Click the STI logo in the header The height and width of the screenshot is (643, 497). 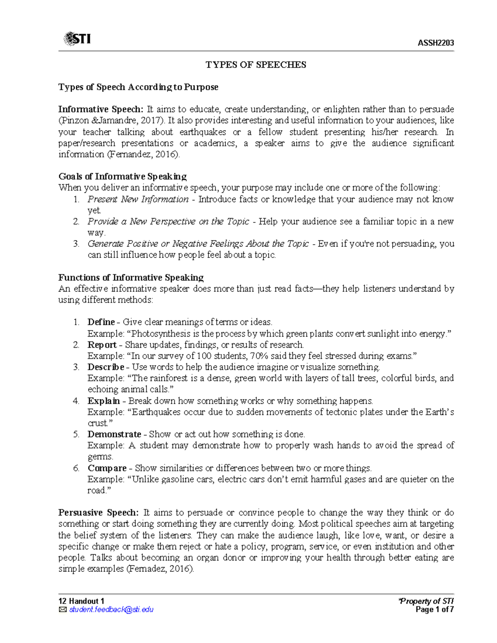click(x=77, y=39)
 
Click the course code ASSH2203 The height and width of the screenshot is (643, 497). click(x=436, y=43)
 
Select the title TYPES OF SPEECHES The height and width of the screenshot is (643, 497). click(x=256, y=65)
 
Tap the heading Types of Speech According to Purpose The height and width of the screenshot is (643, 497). click(x=138, y=87)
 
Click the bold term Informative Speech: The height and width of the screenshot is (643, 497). click(x=101, y=109)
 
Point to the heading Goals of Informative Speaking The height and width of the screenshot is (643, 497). click(x=122, y=176)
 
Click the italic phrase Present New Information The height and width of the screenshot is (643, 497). click(x=138, y=199)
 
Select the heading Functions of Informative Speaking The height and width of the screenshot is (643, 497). click(x=131, y=277)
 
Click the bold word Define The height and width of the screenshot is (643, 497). click(x=101, y=322)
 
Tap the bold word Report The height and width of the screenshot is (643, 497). click(x=102, y=344)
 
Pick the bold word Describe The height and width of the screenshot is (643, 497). click(x=106, y=367)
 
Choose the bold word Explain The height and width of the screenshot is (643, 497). click(x=104, y=401)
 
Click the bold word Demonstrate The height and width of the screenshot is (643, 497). click(x=114, y=434)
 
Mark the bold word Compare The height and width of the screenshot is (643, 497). click(x=107, y=468)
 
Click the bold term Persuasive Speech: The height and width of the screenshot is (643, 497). click(x=98, y=513)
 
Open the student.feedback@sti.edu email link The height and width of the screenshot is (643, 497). click(x=111, y=609)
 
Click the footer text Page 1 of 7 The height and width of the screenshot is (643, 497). click(x=434, y=609)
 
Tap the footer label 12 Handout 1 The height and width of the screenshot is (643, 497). click(x=81, y=601)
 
